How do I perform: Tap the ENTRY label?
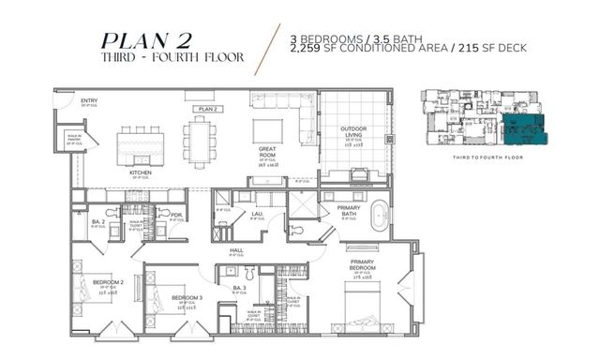click(89, 100)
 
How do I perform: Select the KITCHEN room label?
click(141, 173)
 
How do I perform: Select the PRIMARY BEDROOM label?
click(364, 262)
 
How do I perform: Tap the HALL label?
click(237, 250)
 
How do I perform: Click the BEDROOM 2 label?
click(108, 281)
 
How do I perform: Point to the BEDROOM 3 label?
click(187, 297)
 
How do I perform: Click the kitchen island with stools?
click(140, 144)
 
